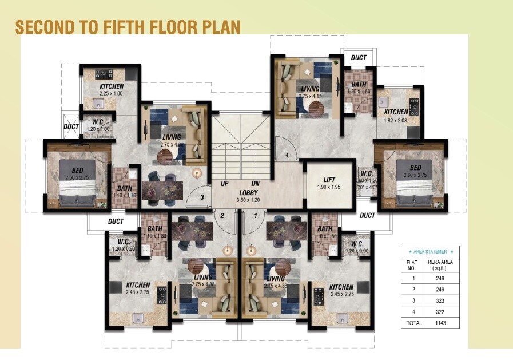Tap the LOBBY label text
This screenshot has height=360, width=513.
tap(249, 193)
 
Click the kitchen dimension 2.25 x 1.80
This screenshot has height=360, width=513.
tap(111, 93)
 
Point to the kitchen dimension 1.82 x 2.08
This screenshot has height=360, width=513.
tap(396, 120)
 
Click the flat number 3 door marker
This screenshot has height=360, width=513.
tap(201, 197)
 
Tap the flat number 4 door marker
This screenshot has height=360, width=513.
tap(287, 155)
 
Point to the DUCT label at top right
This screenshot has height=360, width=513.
tap(359, 57)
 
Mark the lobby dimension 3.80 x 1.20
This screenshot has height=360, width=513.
tap(249, 201)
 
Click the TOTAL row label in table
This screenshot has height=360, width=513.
tap(415, 323)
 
